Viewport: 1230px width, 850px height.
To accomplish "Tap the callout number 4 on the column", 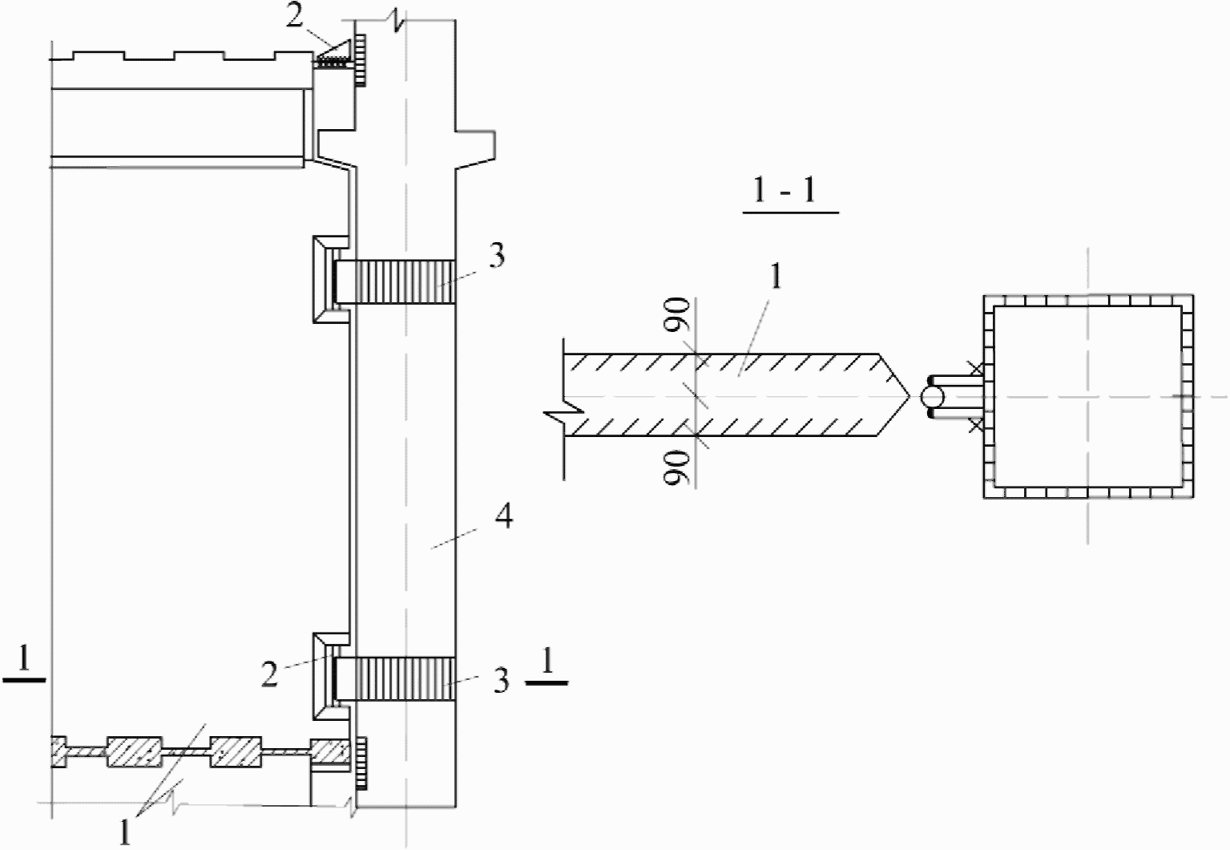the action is (505, 516).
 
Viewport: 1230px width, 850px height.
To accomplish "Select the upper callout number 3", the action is (496, 256).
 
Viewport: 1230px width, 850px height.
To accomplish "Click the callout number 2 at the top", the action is (294, 16).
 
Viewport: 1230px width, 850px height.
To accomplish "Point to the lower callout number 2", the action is (269, 674).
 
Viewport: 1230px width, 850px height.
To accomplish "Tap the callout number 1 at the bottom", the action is (125, 832).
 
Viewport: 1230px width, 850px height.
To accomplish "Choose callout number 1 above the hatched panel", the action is (776, 277).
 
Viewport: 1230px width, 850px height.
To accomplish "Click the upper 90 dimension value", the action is (675, 315).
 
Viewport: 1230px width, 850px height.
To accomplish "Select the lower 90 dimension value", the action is (675, 467).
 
